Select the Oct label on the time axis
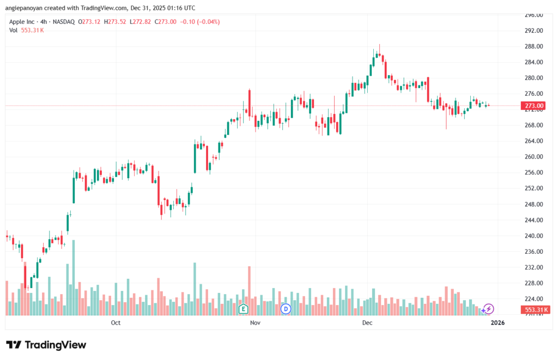116,323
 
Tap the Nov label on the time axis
254,323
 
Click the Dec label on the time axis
367,323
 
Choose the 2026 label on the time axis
497,323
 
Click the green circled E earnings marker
244,309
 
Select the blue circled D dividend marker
284,309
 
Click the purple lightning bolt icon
489,309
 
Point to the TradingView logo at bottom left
46,345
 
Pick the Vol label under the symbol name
13,30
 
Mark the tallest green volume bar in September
74,278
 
